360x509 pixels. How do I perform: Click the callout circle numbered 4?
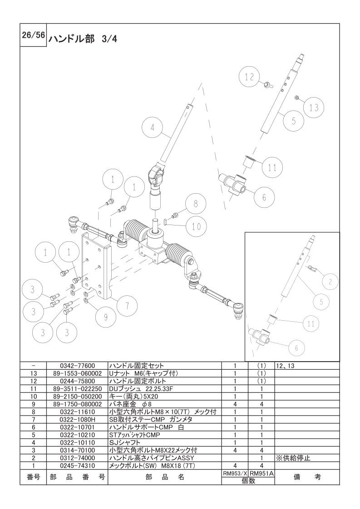tap(153, 128)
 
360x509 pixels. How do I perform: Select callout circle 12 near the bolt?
tap(250, 77)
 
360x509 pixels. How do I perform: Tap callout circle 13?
tap(314, 108)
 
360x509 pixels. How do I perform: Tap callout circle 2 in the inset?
tap(330, 282)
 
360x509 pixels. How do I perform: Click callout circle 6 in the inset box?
tap(296, 348)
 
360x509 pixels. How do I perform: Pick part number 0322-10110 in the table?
tap(77, 442)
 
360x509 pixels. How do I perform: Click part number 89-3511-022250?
tap(77, 389)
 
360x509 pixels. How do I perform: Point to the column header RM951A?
tap(262, 473)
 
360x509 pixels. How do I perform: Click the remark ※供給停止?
tap(293, 458)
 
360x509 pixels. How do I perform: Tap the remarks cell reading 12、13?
tap(285, 365)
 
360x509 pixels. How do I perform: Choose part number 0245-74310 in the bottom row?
tap(77, 465)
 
